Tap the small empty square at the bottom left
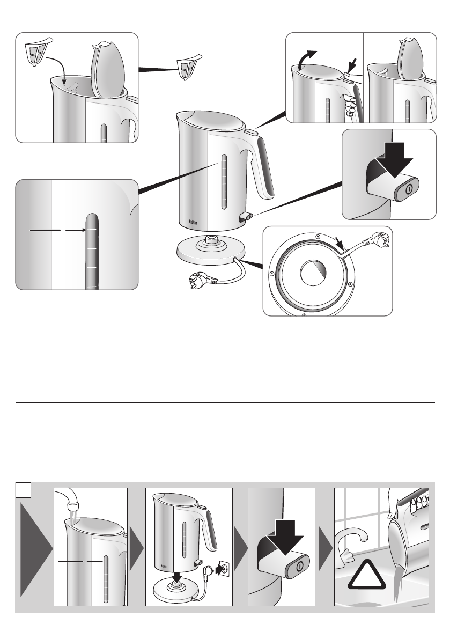coord(22,489)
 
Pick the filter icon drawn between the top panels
coord(188,67)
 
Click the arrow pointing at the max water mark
coord(75,230)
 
